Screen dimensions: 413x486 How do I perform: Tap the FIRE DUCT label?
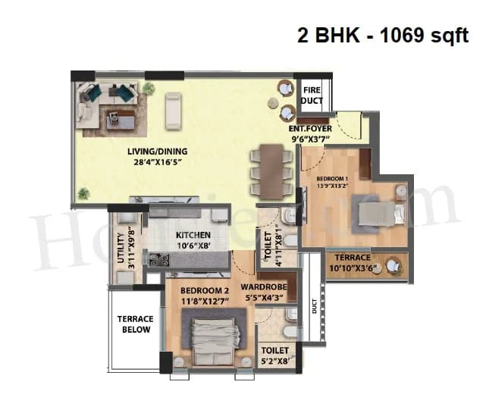(x=312, y=95)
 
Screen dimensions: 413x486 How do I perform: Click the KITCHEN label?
(x=193, y=235)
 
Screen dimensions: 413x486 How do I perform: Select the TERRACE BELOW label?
(x=136, y=324)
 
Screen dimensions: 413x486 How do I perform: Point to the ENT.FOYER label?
(x=310, y=128)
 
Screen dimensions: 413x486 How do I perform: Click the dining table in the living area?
(x=271, y=169)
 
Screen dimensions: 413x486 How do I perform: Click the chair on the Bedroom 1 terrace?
(x=394, y=265)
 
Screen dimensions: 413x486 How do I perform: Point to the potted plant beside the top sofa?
(x=149, y=88)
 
